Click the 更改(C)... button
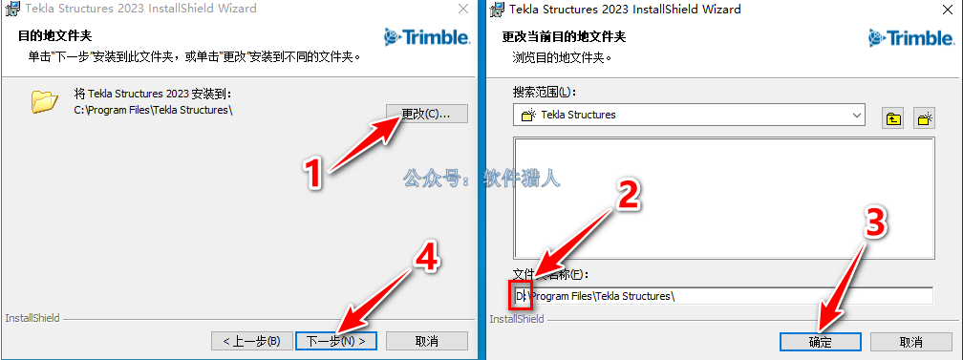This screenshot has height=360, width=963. (x=427, y=114)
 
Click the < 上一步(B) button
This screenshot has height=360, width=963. (x=250, y=340)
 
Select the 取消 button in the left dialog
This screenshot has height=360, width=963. (x=427, y=340)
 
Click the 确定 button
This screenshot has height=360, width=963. (x=821, y=342)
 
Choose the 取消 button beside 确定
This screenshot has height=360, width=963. (x=911, y=342)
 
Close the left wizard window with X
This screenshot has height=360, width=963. (x=463, y=9)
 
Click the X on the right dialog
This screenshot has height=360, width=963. (x=949, y=9)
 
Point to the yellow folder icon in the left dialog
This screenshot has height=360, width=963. (x=44, y=101)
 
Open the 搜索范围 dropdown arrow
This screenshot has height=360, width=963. (x=857, y=115)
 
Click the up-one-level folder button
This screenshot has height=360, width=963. (x=893, y=118)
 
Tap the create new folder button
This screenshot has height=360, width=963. (x=925, y=118)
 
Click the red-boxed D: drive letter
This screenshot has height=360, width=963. (x=520, y=296)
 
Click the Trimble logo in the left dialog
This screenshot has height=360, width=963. (x=427, y=37)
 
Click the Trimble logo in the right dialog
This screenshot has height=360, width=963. (x=912, y=37)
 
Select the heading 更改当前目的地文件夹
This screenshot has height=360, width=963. (x=565, y=36)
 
